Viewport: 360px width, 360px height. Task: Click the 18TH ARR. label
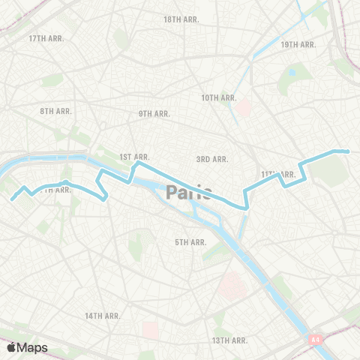pyautogui.click(x=181, y=19)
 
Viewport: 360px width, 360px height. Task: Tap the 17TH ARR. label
pyautogui.click(x=45, y=37)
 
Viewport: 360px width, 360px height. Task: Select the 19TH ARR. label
pyautogui.click(x=298, y=45)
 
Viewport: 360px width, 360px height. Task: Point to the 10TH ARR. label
pyautogui.click(x=219, y=97)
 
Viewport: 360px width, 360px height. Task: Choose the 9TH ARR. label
pyautogui.click(x=154, y=113)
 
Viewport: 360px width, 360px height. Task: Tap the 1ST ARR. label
pyautogui.click(x=135, y=157)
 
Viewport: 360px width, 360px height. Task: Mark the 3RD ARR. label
pyautogui.click(x=212, y=159)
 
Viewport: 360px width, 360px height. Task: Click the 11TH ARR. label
pyautogui.click(x=277, y=174)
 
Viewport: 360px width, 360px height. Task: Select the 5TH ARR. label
pyautogui.click(x=190, y=242)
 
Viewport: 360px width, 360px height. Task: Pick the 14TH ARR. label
pyautogui.click(x=103, y=316)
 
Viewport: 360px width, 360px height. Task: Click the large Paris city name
pyautogui.click(x=189, y=193)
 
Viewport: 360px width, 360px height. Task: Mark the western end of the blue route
pyautogui.click(x=13, y=199)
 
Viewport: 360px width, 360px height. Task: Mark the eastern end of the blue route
pyautogui.click(x=348, y=151)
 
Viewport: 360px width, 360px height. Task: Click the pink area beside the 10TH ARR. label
pyautogui.click(x=241, y=109)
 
